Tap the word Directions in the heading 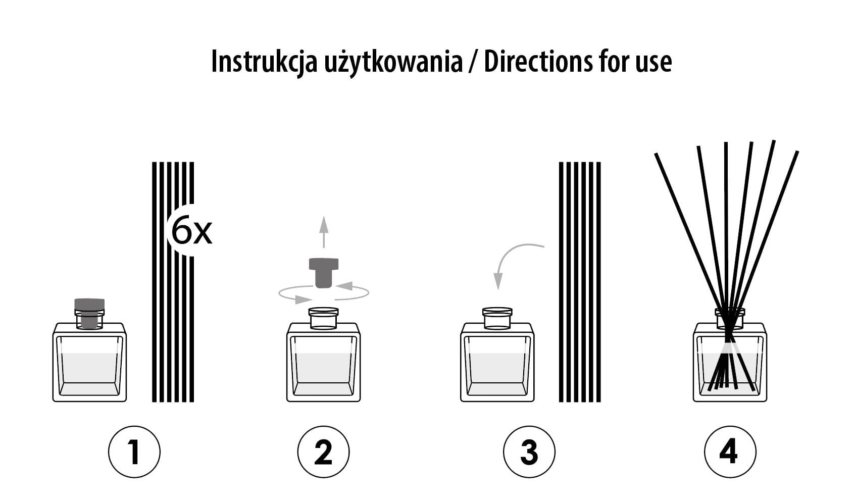click(538, 61)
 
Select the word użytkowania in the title click(393, 63)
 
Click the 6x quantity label click(191, 231)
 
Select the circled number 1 click(134, 452)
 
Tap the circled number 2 click(323, 452)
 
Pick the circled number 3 click(529, 452)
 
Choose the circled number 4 click(730, 452)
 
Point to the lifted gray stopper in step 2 click(324, 273)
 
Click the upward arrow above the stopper click(324, 232)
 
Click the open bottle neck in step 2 click(323, 318)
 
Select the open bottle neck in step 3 click(497, 318)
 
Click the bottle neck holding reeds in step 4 click(730, 318)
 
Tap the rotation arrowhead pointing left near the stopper click(345, 285)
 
